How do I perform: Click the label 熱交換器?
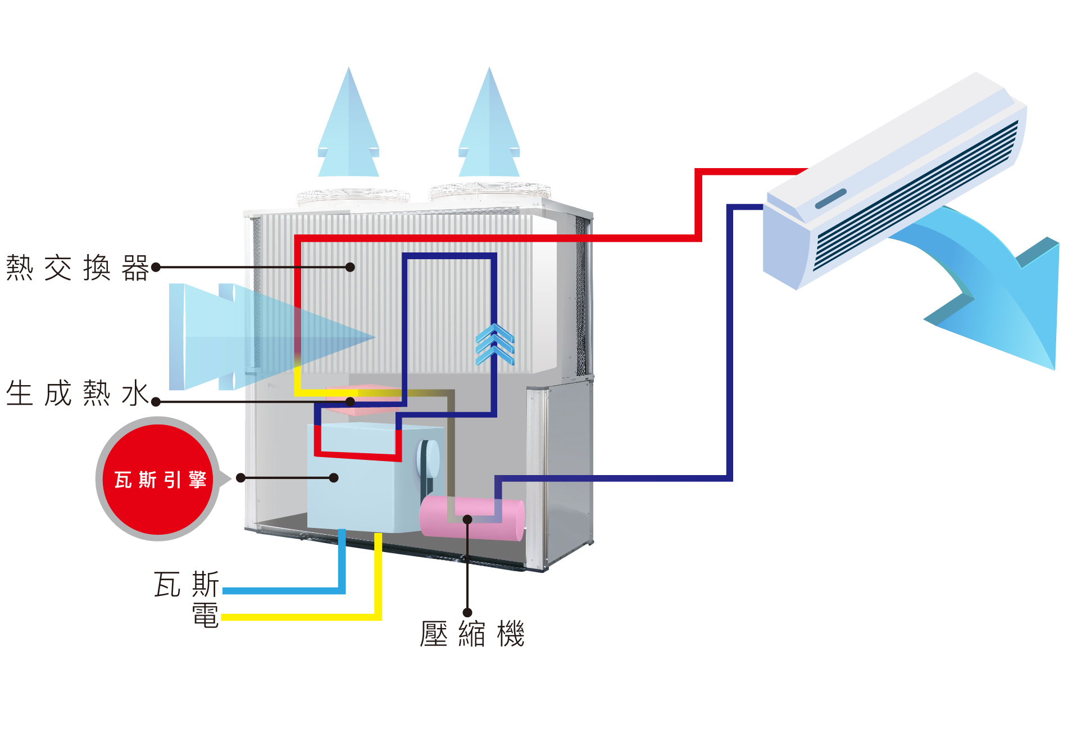(77, 268)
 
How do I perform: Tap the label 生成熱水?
(77, 393)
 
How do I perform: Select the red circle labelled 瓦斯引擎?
(158, 479)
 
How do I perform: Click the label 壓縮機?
(472, 634)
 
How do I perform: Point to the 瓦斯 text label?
(186, 584)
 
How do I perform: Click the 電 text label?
(205, 615)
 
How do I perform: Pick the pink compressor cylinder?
(472, 518)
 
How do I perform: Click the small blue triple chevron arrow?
(494, 344)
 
